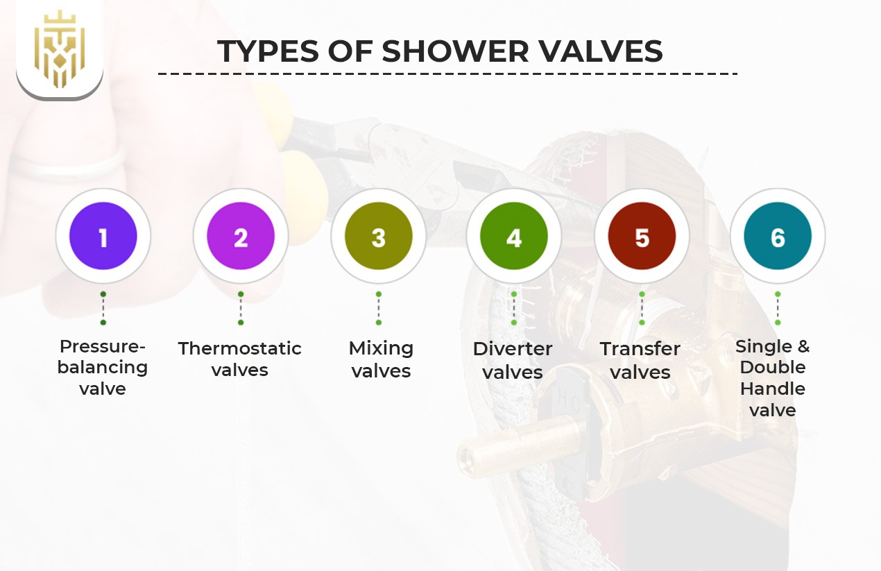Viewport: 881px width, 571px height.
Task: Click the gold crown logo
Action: (x=60, y=49)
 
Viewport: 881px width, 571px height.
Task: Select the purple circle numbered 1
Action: (x=103, y=237)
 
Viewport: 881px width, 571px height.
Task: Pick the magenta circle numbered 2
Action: (x=241, y=237)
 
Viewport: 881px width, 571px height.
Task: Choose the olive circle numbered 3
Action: (x=378, y=237)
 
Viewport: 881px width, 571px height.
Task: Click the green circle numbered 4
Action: (x=513, y=237)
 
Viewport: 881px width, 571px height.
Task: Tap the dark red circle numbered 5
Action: (x=642, y=237)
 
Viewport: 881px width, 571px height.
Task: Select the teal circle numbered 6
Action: (x=778, y=237)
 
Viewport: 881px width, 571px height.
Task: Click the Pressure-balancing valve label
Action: (x=103, y=367)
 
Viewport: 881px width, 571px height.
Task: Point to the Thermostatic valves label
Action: (x=240, y=359)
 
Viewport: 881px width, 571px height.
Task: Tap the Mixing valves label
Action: (x=381, y=359)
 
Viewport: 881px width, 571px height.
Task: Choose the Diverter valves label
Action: (x=513, y=360)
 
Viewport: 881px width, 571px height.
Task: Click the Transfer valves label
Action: (x=640, y=360)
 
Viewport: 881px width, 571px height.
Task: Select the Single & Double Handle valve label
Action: (x=773, y=377)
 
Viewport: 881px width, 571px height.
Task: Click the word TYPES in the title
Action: (x=267, y=51)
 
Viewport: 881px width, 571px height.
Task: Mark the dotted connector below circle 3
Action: (x=378, y=308)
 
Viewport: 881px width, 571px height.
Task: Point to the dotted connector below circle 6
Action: (x=778, y=308)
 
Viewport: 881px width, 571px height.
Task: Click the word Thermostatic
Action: (x=240, y=348)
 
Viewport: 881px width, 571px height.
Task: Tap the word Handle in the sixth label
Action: (x=773, y=389)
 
